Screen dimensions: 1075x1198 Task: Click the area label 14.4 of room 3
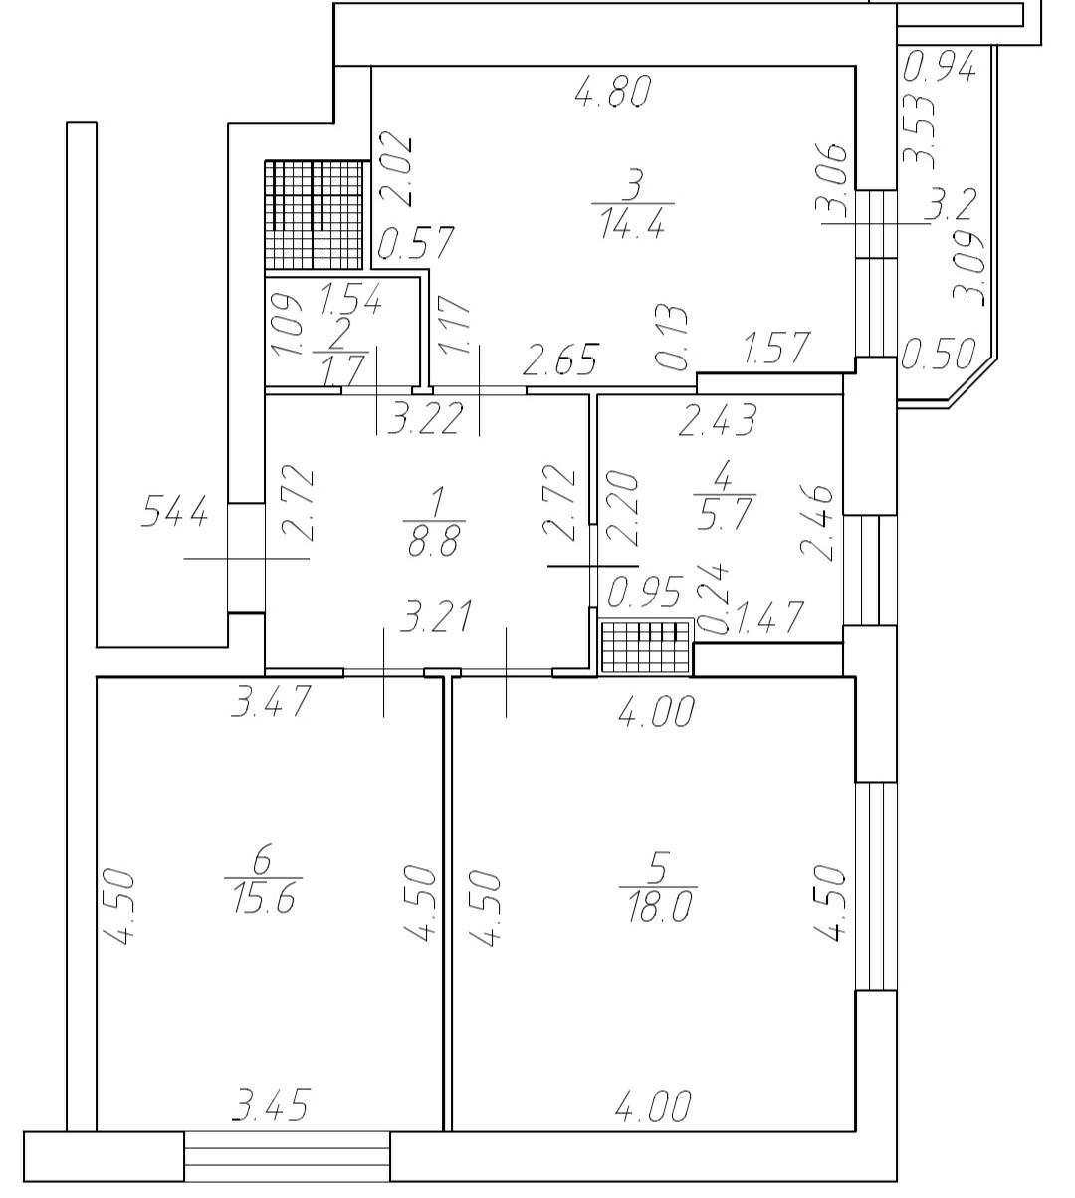tap(631, 224)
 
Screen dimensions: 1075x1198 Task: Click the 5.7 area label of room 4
tap(724, 516)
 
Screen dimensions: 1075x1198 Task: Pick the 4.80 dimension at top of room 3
tap(613, 92)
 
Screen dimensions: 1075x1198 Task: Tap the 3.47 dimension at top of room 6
tap(272, 701)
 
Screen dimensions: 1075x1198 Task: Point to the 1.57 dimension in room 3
tap(776, 349)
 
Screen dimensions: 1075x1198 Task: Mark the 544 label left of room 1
tap(175, 515)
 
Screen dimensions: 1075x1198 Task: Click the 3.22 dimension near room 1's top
tap(426, 419)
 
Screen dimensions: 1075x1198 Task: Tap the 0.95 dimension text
tap(644, 594)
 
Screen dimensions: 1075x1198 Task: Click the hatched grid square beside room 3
tap(313, 215)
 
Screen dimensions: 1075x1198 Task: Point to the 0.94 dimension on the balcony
tap(941, 68)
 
